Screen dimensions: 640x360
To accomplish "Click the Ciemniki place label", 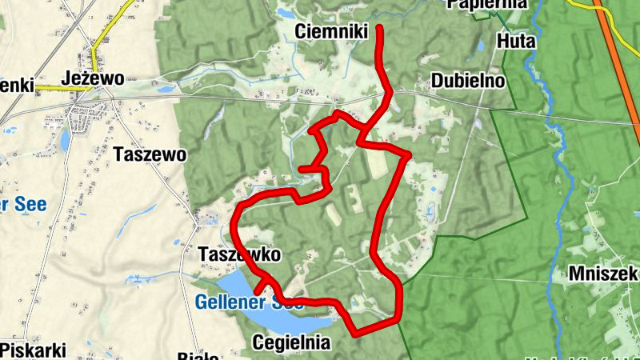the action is [330, 31].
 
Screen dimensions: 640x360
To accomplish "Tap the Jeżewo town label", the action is [93, 78].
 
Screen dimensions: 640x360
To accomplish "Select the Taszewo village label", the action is [150, 154].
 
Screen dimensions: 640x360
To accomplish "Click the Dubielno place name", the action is [468, 81].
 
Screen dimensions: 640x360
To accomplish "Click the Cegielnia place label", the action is [290, 342].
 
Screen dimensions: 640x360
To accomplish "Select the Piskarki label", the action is [33, 350].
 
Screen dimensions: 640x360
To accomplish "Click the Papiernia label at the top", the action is [488, 4].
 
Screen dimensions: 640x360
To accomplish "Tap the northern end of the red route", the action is [378, 28].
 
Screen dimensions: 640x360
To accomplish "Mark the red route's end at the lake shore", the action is [258, 291].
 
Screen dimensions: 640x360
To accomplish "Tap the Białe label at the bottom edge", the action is [198, 355].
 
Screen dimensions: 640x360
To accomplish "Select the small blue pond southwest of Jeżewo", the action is [65, 140].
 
